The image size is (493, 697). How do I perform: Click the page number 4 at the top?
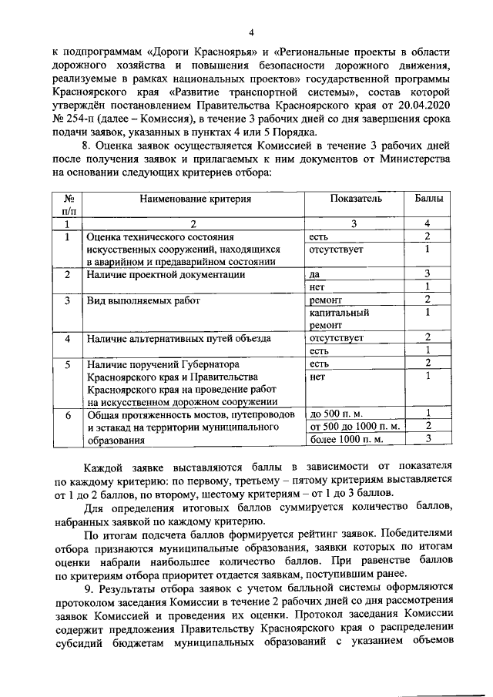[x=251, y=32]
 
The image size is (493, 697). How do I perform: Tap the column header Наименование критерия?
[x=195, y=198]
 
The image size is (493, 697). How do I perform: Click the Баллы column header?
[x=428, y=198]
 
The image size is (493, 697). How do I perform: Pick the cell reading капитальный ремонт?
[x=338, y=319]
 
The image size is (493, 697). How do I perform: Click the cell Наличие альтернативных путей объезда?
[x=179, y=337]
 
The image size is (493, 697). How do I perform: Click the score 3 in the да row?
[x=427, y=273]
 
